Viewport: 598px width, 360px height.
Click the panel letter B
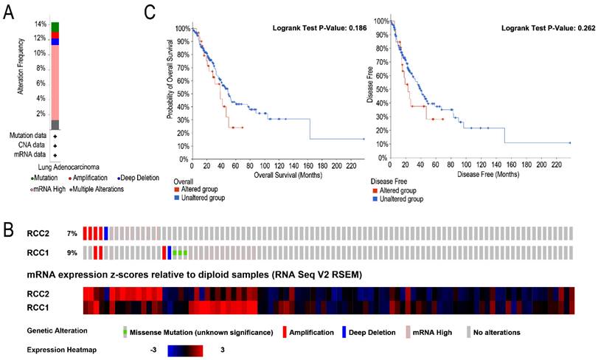pyautogui.click(x=9, y=229)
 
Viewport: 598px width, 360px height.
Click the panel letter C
pyautogui.click(x=150, y=13)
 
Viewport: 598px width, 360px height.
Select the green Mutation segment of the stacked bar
pyautogui.click(x=55, y=27)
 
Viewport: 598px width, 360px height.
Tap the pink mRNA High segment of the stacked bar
pyautogui.click(x=55, y=81)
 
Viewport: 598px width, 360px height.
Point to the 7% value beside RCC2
pyautogui.click(x=71, y=234)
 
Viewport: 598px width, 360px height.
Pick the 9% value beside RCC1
pyautogui.click(x=71, y=253)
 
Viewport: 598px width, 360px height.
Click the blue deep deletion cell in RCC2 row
pyautogui.click(x=106, y=233)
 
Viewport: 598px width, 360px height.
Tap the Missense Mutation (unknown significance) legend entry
pyautogui.click(x=198, y=332)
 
